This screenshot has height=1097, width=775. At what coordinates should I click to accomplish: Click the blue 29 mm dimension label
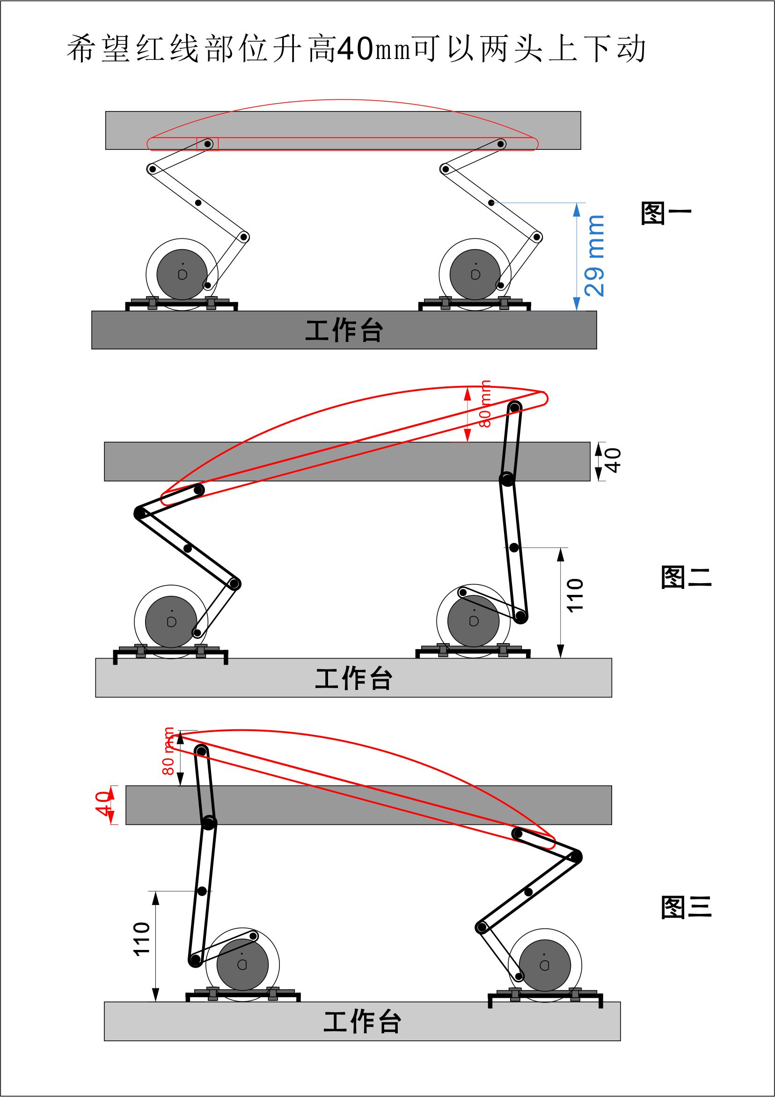(594, 256)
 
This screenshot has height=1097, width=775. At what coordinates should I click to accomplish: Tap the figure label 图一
(665, 213)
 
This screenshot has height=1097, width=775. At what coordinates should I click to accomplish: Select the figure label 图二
(686, 577)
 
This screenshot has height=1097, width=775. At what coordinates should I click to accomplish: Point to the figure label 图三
(686, 907)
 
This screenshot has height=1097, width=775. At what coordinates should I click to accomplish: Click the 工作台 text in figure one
(344, 331)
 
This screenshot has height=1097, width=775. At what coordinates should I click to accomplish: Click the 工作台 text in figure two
(353, 678)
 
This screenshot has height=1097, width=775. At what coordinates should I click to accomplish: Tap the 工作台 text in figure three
(362, 1022)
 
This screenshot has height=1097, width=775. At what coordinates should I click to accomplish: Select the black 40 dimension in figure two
(612, 460)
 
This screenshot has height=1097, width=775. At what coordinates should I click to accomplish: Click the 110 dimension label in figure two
(575, 595)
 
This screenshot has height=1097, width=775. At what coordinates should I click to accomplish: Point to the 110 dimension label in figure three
(142, 939)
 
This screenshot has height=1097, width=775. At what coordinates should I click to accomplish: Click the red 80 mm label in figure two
(485, 404)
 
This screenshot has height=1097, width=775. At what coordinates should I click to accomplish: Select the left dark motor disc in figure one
(182, 274)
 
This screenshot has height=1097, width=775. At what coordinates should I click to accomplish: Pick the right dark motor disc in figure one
(475, 274)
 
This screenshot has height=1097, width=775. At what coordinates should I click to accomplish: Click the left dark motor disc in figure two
(171, 622)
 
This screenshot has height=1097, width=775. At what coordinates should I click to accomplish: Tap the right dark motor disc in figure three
(544, 965)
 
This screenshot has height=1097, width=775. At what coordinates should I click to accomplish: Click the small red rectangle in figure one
(207, 144)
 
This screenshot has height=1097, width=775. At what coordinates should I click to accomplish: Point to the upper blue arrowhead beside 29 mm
(577, 209)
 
